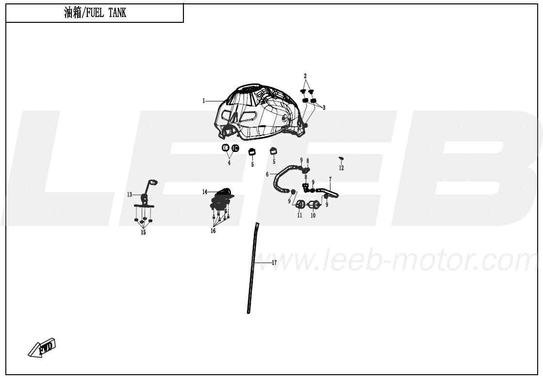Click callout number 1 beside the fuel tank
pyautogui.click(x=204, y=101)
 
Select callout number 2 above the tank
pyautogui.click(x=305, y=76)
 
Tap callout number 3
pyautogui.click(x=324, y=108)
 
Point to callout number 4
pyautogui.click(x=229, y=163)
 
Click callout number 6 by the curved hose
pyautogui.click(x=267, y=174)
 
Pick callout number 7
pyautogui.click(x=330, y=180)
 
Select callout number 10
pyautogui.click(x=313, y=215)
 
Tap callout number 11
pyautogui.click(x=299, y=215)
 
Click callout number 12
pyautogui.click(x=341, y=168)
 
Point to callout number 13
pyautogui.click(x=130, y=195)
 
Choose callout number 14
pyautogui.click(x=205, y=192)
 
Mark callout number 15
pyautogui.click(x=143, y=232)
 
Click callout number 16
pyautogui.click(x=213, y=231)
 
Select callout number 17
pyautogui.click(x=274, y=263)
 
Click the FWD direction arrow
pyautogui.click(x=42, y=348)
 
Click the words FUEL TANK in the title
pyautogui.click(x=106, y=13)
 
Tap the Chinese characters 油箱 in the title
pyautogui.click(x=73, y=13)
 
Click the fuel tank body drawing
pyautogui.click(x=261, y=112)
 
